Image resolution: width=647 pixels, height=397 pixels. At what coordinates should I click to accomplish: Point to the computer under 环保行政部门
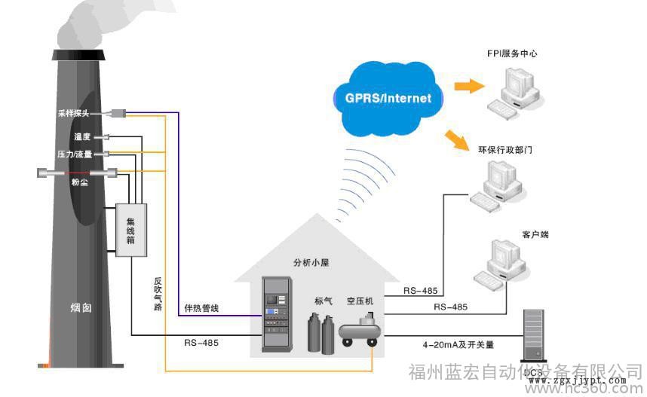[x=498, y=185]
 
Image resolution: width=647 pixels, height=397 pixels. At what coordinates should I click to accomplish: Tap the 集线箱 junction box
[x=130, y=230]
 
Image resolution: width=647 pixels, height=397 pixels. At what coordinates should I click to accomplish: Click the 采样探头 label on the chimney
[x=73, y=114]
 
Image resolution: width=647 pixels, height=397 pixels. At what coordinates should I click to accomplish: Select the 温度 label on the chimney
[x=82, y=136]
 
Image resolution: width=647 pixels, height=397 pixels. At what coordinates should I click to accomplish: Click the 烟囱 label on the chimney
[x=81, y=307]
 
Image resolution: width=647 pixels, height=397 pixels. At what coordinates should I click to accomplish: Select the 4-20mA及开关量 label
[x=458, y=344]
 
